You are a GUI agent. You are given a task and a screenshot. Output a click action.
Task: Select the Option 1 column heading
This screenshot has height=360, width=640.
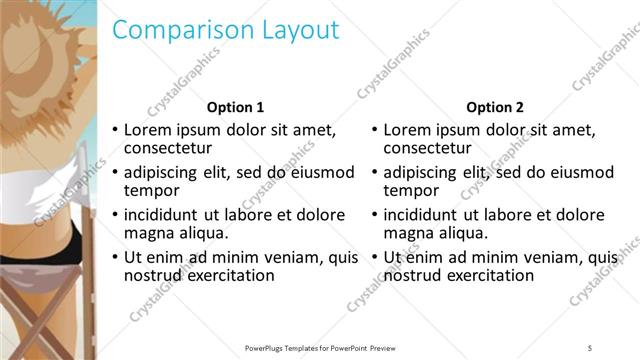(235, 107)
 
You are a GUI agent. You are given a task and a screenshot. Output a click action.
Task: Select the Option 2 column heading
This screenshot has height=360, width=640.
(495, 107)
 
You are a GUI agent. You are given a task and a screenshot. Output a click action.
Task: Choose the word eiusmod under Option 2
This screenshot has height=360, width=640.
(584, 172)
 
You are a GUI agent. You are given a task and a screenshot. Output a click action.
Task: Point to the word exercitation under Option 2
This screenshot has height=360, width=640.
(489, 275)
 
